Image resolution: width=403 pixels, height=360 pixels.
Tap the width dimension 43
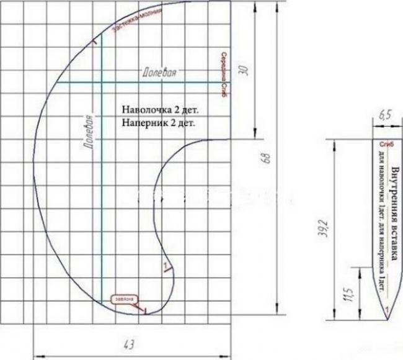click(130, 343)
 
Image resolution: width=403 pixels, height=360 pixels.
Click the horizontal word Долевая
click(159, 73)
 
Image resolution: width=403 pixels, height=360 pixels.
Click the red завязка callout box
click(122, 299)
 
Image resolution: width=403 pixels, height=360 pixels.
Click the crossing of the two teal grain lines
click(101, 82)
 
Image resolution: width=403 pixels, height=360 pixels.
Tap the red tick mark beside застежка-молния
click(94, 42)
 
